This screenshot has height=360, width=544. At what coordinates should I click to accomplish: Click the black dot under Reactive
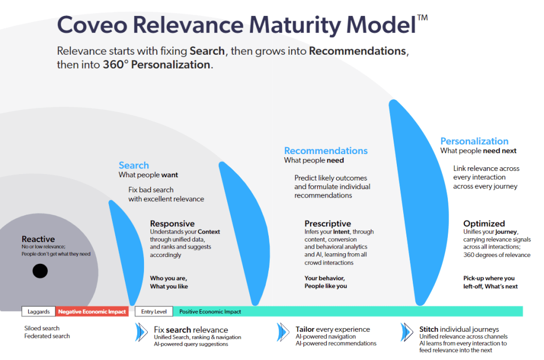pyautogui.click(x=40, y=271)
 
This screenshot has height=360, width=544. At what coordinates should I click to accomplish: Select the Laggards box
pyautogui.click(x=39, y=312)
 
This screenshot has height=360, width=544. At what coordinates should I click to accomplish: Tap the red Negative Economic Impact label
pyautogui.click(x=92, y=312)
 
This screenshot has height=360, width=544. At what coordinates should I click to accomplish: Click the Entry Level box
pyautogui.click(x=154, y=312)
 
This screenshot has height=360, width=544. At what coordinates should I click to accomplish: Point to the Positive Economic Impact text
pyautogui.click(x=210, y=312)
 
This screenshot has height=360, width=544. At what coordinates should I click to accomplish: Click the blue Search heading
pyautogui.click(x=134, y=165)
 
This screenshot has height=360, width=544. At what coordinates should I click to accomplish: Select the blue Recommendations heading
pyautogui.click(x=326, y=151)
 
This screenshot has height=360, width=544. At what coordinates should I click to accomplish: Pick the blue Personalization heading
pyautogui.click(x=474, y=141)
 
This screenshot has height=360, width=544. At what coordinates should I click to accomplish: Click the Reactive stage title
pyautogui.click(x=38, y=239)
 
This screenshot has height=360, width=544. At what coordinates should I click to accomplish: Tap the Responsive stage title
pyautogui.click(x=172, y=224)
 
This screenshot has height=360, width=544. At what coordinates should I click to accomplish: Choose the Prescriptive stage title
pyautogui.click(x=327, y=224)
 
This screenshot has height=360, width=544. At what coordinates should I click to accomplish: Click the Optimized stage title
pyautogui.click(x=484, y=224)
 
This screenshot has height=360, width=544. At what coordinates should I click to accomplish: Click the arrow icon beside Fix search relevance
pyautogui.click(x=141, y=332)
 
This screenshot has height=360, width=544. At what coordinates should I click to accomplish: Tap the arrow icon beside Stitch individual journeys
pyautogui.click(x=407, y=332)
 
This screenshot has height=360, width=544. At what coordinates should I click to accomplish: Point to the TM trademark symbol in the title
pyautogui.click(x=422, y=18)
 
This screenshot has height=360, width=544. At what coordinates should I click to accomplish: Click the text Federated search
pyautogui.click(x=47, y=336)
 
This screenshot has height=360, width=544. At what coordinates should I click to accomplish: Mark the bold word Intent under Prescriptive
pyautogui.click(x=341, y=232)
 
